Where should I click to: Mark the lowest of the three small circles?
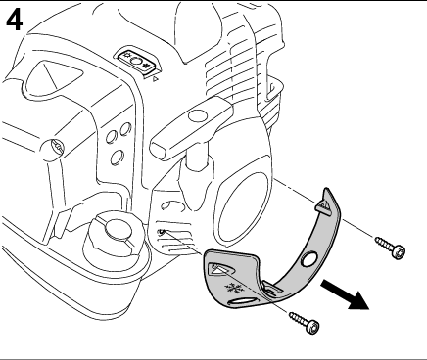[116, 157]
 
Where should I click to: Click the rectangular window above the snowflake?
[223, 270]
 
